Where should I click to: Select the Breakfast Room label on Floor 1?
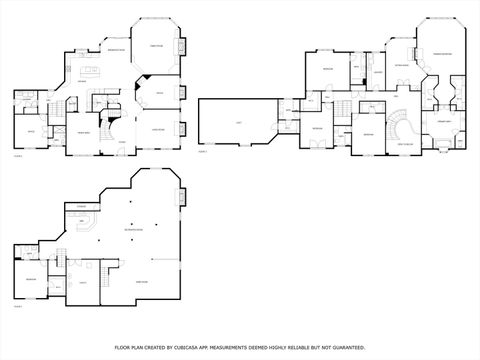click(x=115, y=50)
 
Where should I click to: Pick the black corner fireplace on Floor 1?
click(x=145, y=77)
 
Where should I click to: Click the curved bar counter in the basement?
click(x=87, y=224)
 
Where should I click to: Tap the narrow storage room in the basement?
click(x=80, y=206)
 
